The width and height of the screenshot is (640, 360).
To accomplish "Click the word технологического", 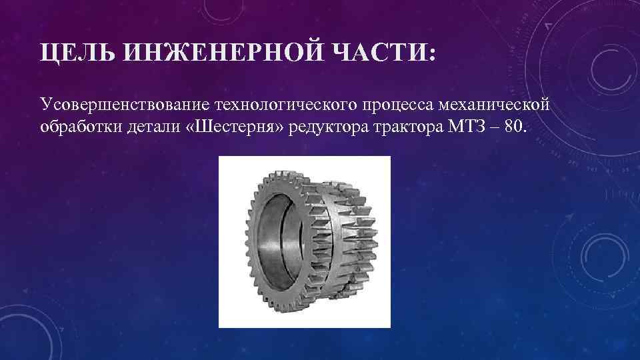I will (283, 104).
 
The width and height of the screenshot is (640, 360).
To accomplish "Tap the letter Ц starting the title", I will (47, 53).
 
